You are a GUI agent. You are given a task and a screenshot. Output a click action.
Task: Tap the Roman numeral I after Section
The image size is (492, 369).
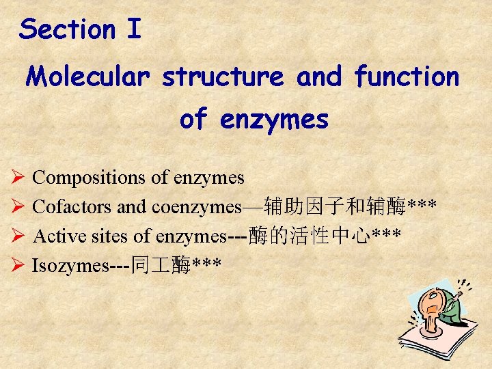click(134, 29)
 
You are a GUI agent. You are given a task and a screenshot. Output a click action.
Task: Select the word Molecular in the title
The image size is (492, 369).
click(86, 77)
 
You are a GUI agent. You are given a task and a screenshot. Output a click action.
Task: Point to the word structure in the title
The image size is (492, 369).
click(223, 77)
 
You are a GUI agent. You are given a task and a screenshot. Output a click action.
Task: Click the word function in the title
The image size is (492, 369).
click(407, 77)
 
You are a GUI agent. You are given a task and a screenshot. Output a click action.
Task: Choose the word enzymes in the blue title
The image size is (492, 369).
click(275, 120)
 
